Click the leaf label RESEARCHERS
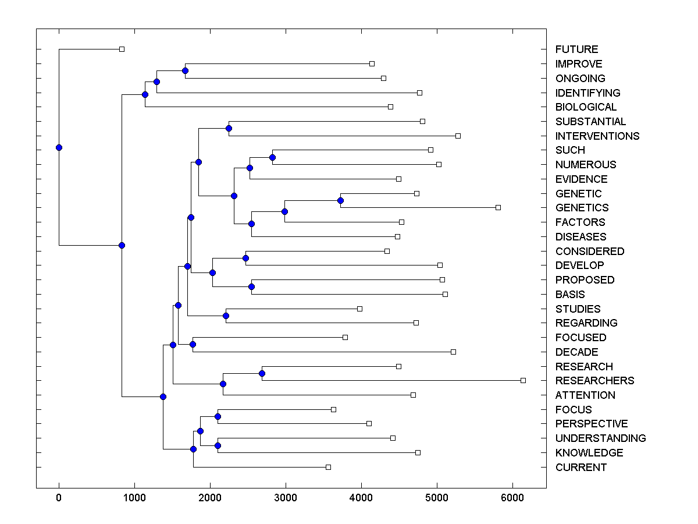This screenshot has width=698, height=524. click(x=594, y=381)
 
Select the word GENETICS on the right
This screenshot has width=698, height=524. click(x=582, y=208)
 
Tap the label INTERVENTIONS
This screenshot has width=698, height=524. click(x=597, y=136)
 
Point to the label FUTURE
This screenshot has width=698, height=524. click(x=576, y=49)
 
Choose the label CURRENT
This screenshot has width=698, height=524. click(x=581, y=468)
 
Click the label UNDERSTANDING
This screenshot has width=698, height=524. click(x=600, y=438)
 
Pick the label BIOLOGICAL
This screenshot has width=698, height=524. click(x=586, y=107)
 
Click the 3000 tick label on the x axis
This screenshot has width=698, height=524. click(x=286, y=498)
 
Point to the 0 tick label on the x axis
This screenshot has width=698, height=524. click(x=59, y=498)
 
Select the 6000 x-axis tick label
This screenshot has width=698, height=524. click(x=512, y=498)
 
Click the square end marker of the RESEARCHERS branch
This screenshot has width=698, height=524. click(x=523, y=380)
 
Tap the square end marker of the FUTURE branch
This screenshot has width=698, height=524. click(x=122, y=49)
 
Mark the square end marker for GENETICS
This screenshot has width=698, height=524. click(x=498, y=207)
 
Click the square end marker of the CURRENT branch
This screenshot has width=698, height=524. click(x=328, y=467)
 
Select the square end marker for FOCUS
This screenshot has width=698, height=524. click(x=333, y=409)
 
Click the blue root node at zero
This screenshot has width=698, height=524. click(x=59, y=147)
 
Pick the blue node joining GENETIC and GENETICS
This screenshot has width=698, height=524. click(x=341, y=200)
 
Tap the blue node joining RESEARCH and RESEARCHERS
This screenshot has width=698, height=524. click(x=262, y=373)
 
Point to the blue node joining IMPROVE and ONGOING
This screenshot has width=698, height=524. click(x=185, y=70)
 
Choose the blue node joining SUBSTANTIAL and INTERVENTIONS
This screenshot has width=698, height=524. click(x=229, y=128)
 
